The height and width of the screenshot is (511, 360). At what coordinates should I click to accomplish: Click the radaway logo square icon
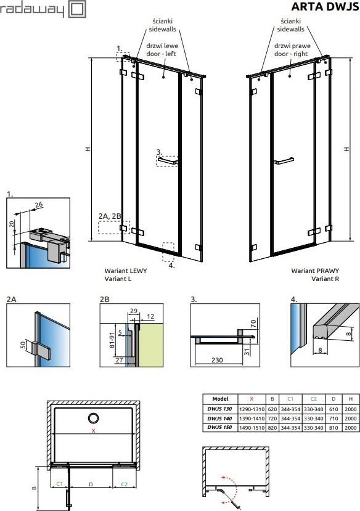tap(78, 9)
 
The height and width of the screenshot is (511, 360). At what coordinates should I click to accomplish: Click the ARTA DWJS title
tap(324, 7)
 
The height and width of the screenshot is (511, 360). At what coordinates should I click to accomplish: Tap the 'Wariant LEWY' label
tap(126, 271)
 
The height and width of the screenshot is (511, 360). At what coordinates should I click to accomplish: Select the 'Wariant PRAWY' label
tap(315, 271)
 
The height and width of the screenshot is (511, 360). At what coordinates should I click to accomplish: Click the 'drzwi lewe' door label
tap(162, 46)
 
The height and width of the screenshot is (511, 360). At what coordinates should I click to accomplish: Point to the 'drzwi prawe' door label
tap(292, 46)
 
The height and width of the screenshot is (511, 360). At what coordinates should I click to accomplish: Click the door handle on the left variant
tap(168, 161)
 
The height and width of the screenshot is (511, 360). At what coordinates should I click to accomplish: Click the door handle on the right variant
tap(284, 161)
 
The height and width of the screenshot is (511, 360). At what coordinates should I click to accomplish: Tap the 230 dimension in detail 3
tap(216, 360)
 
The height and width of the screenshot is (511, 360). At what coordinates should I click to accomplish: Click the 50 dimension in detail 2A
tap(23, 345)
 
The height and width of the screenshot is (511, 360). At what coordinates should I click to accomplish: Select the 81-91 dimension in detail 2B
tap(112, 340)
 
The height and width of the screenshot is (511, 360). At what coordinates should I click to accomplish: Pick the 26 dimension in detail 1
tap(38, 205)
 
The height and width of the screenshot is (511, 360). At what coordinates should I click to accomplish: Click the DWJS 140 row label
tap(219, 418)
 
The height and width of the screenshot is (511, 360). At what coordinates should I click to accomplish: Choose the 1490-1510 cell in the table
tap(252, 427)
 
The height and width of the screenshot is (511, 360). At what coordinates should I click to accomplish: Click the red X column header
tap(252, 399)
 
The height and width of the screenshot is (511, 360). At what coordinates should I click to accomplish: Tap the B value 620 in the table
tap(272, 409)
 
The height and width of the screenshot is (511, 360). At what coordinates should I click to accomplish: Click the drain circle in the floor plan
tap(94, 418)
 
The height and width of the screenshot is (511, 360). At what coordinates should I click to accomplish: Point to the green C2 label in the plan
tap(125, 484)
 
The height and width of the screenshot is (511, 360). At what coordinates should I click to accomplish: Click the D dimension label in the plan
tap(91, 484)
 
